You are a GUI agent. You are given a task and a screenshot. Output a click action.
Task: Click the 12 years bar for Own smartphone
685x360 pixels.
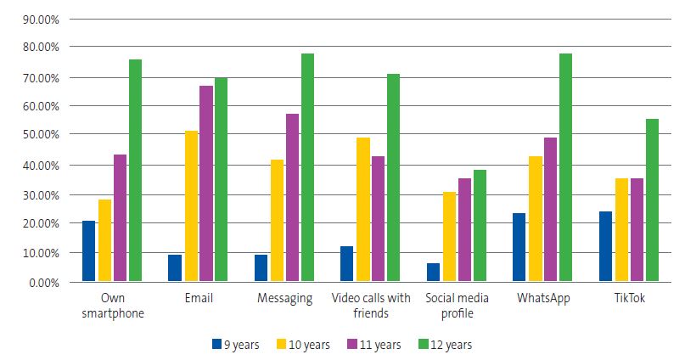pyautogui.click(x=135, y=170)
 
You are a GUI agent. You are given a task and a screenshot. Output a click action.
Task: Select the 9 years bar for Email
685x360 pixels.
pyautogui.click(x=175, y=267)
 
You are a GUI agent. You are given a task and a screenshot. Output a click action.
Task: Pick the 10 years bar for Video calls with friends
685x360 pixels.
pyautogui.click(x=362, y=209)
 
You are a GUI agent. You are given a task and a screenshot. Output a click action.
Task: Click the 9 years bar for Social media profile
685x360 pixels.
pyautogui.click(x=433, y=272)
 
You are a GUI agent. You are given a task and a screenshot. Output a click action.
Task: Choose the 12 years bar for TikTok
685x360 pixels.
pyautogui.click(x=652, y=200)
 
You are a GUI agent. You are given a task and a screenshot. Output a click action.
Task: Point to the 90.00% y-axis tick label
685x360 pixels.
pyautogui.click(x=35, y=18)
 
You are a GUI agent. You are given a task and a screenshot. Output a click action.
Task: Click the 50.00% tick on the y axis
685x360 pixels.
pyautogui.click(x=35, y=135)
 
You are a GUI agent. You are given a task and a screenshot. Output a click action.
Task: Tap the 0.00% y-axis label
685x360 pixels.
pyautogui.click(x=37, y=281)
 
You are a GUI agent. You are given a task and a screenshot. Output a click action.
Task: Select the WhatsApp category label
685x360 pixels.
pyautogui.click(x=543, y=298)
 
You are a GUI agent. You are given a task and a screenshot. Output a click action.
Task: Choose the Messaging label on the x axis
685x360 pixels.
pyautogui.click(x=284, y=298)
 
